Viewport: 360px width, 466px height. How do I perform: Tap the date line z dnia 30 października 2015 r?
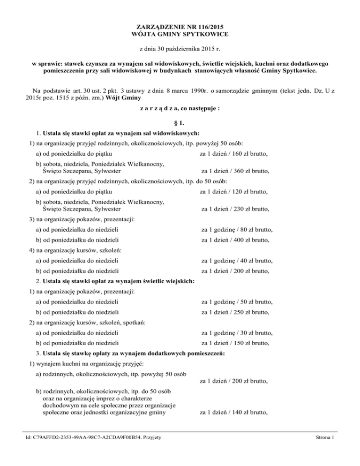click(x=180, y=49)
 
